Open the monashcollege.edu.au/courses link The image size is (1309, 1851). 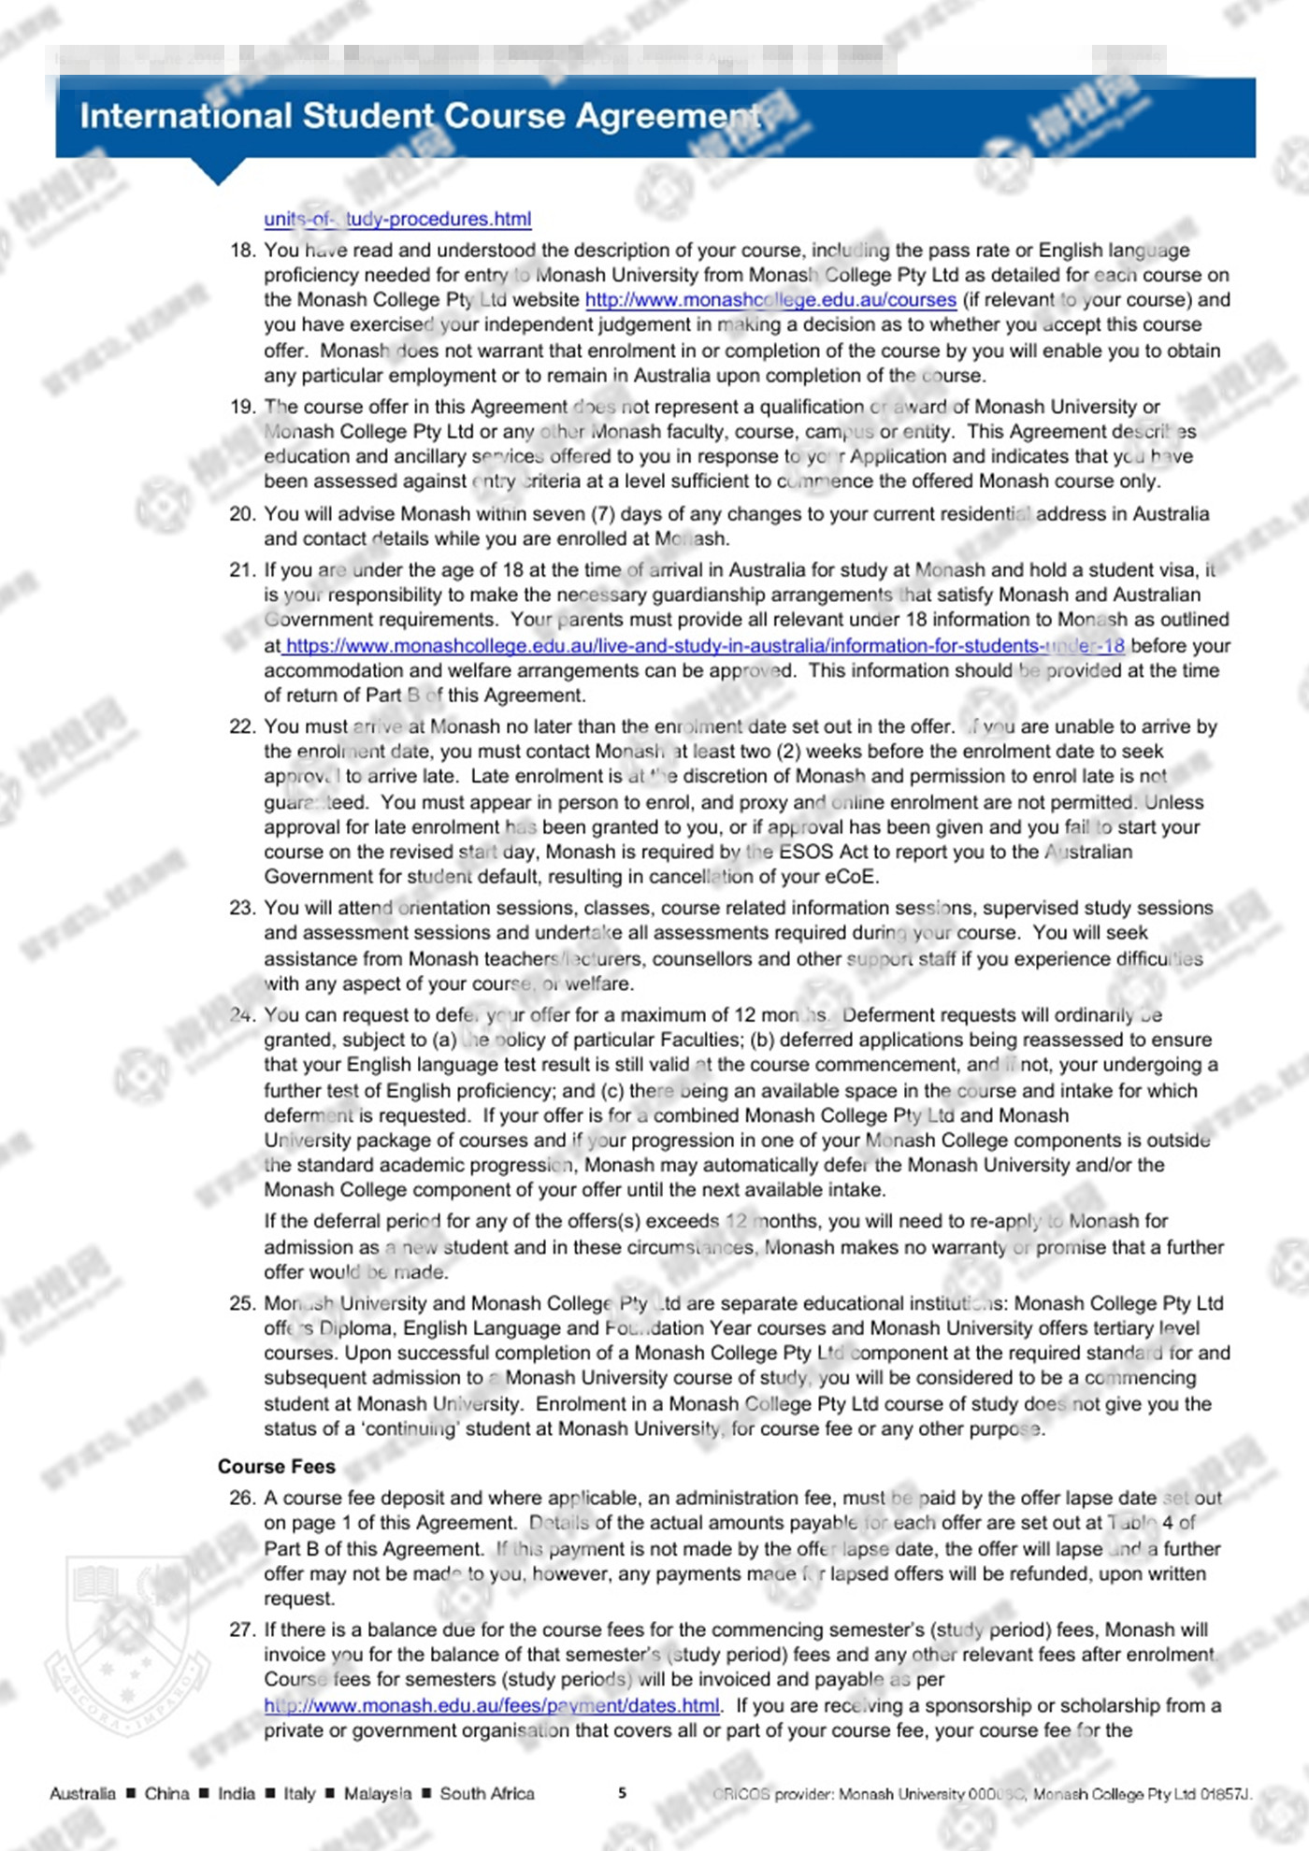(x=770, y=300)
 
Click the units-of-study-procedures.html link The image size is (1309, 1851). (x=397, y=219)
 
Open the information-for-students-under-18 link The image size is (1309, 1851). (x=704, y=645)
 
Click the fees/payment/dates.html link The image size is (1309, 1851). (x=492, y=1705)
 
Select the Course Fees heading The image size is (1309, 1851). (x=276, y=1466)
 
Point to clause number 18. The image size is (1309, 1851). (x=242, y=251)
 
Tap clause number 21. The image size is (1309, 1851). (x=242, y=570)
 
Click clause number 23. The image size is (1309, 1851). (x=242, y=908)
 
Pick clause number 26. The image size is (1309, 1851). (x=242, y=1498)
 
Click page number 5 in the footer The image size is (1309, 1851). (x=622, y=1793)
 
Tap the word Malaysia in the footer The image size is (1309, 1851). (x=377, y=1793)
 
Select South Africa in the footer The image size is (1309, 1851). (x=487, y=1793)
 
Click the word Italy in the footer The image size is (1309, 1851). (x=299, y=1793)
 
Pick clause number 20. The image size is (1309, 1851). (x=242, y=514)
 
